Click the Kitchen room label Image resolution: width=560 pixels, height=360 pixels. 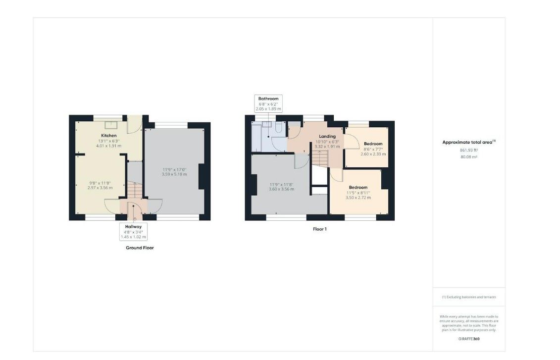108,136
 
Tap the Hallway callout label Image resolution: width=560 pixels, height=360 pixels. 133,227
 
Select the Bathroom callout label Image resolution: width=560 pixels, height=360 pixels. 268,99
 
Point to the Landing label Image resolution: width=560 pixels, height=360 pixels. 327,137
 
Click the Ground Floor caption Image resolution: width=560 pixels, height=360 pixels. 140,248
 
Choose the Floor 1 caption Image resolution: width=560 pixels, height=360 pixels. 320,229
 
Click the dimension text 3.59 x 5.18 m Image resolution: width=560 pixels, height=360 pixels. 174,174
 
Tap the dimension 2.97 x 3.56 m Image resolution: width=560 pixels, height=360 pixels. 100,188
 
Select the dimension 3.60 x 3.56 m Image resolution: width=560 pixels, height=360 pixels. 281,189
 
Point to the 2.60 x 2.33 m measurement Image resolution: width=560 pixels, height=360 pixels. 373,154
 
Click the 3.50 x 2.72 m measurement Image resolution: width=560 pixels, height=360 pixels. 358,198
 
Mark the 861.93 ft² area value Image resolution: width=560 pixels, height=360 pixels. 469,151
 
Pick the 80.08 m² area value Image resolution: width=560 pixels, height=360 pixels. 469,157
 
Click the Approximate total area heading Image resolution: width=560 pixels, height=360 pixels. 469,142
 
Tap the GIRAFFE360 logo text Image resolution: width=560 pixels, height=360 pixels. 469,339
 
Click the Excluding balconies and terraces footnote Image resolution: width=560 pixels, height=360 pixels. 469,297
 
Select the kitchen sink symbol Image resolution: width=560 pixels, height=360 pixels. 111,124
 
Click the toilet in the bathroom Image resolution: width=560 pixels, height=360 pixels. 279,127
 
